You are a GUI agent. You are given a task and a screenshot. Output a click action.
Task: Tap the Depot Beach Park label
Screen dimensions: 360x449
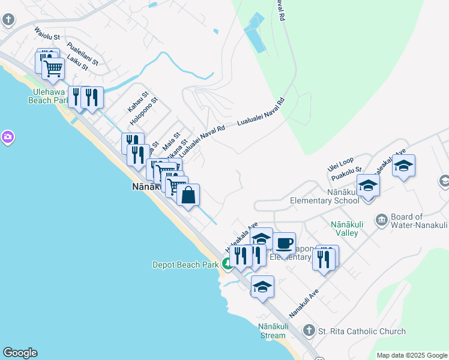tap(185, 264)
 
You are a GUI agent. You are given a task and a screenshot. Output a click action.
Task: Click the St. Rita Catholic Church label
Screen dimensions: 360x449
tap(362, 331)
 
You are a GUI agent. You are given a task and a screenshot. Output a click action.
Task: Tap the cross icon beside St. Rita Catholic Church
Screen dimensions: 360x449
tap(309, 331)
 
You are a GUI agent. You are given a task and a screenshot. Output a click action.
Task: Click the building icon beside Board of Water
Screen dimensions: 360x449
tap(380, 219)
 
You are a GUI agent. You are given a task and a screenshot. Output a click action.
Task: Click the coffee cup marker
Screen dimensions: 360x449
tap(284, 244)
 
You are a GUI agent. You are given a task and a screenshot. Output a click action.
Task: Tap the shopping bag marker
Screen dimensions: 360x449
tap(188, 195)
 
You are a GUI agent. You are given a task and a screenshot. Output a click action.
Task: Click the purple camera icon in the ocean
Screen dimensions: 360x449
tap(7, 137)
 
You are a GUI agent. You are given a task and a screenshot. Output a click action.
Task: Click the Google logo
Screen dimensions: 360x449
tap(20, 353)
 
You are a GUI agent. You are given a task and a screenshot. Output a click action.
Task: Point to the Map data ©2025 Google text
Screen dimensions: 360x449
tap(412, 355)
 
